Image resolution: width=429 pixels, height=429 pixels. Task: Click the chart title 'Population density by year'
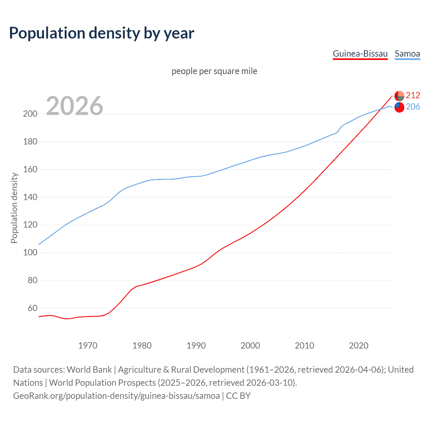[x=102, y=33]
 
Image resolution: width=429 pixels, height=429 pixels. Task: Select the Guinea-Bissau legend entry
[x=360, y=54]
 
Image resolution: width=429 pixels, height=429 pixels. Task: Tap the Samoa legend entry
[x=407, y=54]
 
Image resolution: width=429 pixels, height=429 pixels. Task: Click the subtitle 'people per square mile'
[x=214, y=71]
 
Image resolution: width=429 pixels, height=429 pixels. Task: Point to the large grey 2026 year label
[x=74, y=106]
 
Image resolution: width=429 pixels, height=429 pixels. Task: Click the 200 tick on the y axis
[x=30, y=114]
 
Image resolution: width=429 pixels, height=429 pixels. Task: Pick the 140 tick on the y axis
[x=30, y=197]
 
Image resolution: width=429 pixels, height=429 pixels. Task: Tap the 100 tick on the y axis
[x=30, y=252]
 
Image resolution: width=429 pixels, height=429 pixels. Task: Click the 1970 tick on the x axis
[x=88, y=346]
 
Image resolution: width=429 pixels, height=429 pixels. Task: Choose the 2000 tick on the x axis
[x=250, y=346]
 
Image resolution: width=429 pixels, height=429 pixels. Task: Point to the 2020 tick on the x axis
[x=359, y=346]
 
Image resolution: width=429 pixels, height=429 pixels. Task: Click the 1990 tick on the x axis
[x=196, y=346]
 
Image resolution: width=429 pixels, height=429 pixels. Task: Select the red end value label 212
[x=413, y=96]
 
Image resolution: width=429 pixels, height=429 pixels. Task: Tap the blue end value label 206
[x=413, y=107]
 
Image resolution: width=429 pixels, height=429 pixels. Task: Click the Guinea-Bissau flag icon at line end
[x=399, y=96]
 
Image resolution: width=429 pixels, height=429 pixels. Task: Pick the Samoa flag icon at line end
[x=399, y=107]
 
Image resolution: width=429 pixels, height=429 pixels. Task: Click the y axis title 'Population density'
[x=14, y=208]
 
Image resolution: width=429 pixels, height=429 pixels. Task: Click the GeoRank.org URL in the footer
[x=116, y=396]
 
